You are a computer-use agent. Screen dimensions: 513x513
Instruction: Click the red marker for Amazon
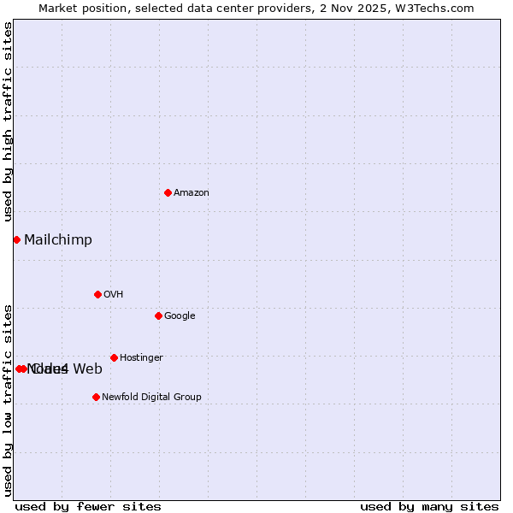[168, 192]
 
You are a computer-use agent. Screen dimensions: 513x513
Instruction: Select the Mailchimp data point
[16, 239]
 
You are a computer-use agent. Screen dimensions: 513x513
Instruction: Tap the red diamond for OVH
[97, 294]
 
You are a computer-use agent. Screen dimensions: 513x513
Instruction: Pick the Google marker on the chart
[158, 315]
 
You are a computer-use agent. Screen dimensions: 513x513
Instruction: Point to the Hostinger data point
[114, 357]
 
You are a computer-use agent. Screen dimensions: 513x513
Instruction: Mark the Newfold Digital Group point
[96, 397]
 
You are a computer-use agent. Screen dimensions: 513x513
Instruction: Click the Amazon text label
[192, 193]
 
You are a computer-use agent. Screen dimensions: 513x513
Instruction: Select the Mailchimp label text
[58, 240]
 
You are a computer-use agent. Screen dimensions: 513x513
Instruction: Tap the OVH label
[114, 295]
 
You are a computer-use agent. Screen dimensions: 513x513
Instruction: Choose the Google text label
[180, 316]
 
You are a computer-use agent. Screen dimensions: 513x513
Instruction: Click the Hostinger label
[141, 358]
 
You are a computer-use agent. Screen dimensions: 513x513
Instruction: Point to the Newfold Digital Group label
[151, 398]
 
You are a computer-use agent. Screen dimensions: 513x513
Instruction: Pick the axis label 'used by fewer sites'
[88, 507]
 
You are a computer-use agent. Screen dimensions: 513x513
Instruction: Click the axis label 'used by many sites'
[429, 507]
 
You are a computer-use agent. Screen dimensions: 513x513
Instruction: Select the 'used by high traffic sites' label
[9, 121]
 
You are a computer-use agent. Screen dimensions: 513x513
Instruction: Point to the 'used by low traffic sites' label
[9, 400]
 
